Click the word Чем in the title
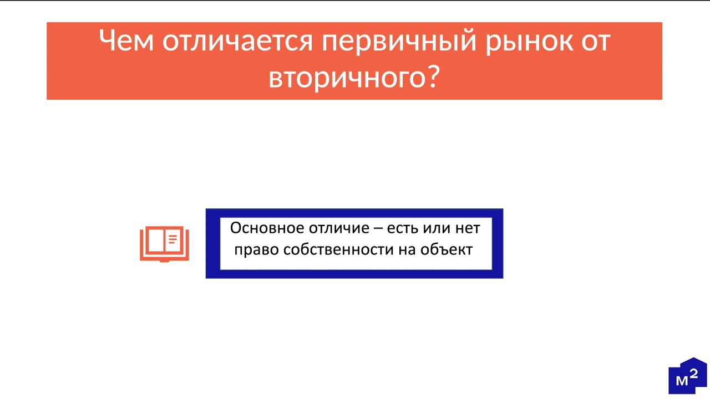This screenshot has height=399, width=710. coord(126,41)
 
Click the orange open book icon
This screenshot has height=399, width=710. coord(164,243)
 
